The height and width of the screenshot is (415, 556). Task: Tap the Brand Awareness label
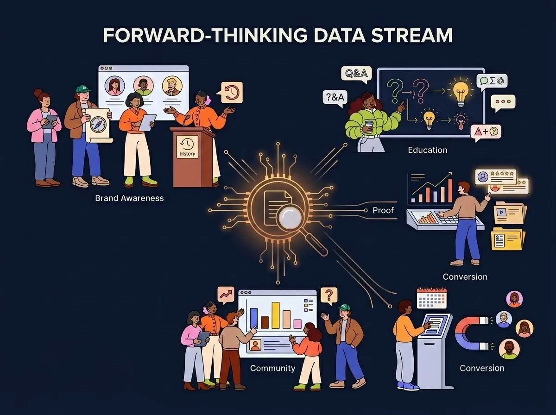click(x=129, y=198)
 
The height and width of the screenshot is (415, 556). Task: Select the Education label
click(x=428, y=150)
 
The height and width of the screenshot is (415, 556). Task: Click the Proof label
click(x=383, y=210)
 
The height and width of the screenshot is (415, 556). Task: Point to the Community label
click(x=272, y=368)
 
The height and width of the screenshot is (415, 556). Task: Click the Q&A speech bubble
click(x=356, y=74)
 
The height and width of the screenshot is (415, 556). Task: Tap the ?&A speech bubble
click(x=335, y=98)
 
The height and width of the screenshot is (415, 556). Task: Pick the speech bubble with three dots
click(x=503, y=102)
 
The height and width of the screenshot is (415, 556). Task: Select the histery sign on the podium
click(x=187, y=147)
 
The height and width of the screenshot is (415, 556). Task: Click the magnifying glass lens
click(x=290, y=218)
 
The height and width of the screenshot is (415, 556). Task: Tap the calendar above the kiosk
click(x=432, y=298)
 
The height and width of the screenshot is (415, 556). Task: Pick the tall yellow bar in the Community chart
click(x=275, y=315)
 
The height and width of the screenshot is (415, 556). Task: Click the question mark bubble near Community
click(x=329, y=296)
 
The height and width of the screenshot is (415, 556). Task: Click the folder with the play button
click(x=510, y=213)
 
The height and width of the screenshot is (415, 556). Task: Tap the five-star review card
click(x=495, y=177)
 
